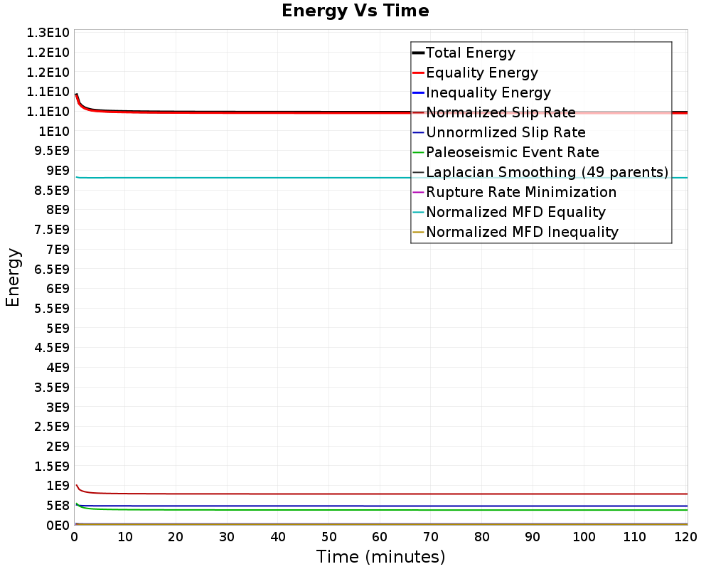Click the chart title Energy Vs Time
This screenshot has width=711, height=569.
click(x=355, y=11)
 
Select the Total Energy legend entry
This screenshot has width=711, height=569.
click(x=470, y=53)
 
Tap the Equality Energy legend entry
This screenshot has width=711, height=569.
click(x=481, y=73)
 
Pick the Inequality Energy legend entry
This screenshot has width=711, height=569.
click(x=488, y=92)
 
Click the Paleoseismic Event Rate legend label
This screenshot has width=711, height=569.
click(x=512, y=152)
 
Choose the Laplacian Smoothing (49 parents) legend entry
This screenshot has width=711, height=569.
click(x=546, y=172)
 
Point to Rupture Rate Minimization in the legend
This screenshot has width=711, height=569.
click(x=520, y=192)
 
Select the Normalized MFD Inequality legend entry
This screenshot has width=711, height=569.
click(x=522, y=232)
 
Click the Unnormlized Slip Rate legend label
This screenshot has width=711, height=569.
click(x=506, y=132)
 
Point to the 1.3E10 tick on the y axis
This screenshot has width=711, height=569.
click(x=47, y=33)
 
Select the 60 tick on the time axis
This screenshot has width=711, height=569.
click(x=380, y=538)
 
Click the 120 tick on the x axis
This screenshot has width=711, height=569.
click(x=685, y=538)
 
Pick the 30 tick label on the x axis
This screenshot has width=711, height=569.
click(x=227, y=538)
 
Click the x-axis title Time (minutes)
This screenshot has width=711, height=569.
click(x=380, y=556)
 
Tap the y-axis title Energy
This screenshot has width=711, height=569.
click(x=13, y=277)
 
